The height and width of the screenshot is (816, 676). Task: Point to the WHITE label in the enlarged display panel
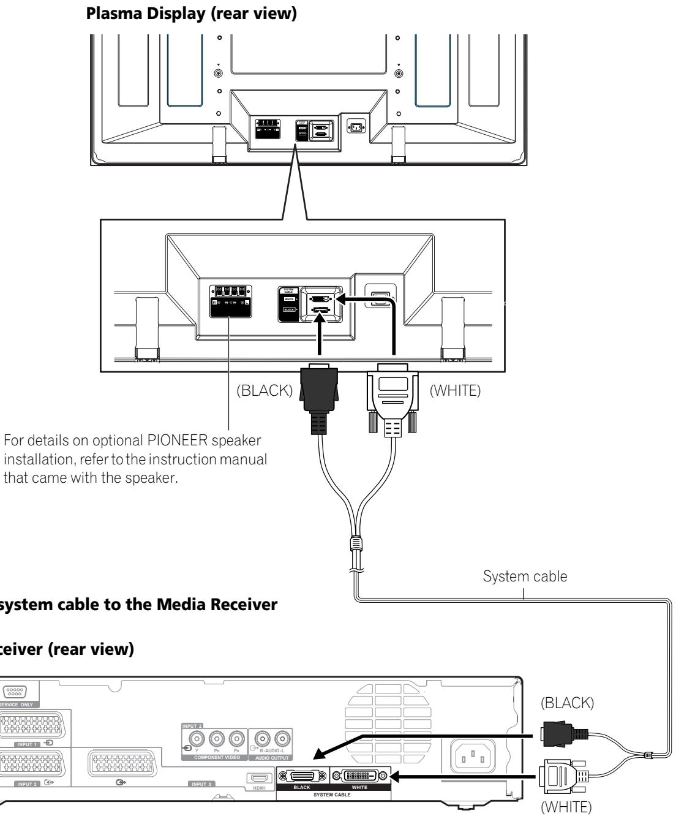(x=289, y=298)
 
